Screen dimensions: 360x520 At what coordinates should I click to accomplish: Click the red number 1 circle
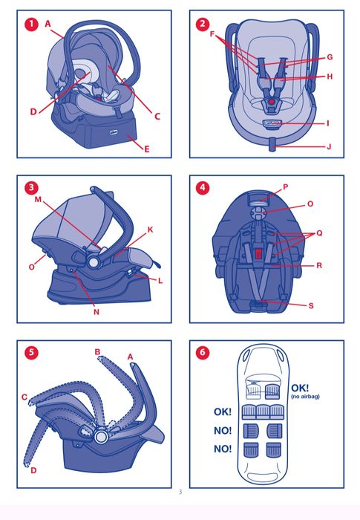click(x=31, y=24)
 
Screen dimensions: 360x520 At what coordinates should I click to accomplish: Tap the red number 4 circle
click(x=203, y=188)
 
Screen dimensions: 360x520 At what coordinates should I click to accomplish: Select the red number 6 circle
click(x=203, y=352)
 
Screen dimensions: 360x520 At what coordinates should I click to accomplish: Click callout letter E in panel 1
click(x=147, y=149)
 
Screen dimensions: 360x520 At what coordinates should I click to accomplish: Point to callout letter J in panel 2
click(x=329, y=146)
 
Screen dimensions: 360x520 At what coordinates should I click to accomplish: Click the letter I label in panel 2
click(x=328, y=123)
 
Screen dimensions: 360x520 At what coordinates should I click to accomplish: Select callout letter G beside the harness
click(x=330, y=57)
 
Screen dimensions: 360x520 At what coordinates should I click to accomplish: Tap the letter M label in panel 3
click(x=38, y=199)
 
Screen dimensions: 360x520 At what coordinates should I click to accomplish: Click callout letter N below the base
click(x=96, y=312)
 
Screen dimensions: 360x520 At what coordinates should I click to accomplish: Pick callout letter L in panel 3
click(x=160, y=281)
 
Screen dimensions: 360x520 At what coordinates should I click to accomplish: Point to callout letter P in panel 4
click(x=286, y=187)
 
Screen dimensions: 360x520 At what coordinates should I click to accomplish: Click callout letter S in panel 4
click(x=311, y=305)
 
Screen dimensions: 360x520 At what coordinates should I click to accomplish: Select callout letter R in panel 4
click(x=319, y=265)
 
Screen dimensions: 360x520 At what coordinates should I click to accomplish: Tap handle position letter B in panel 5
click(x=97, y=352)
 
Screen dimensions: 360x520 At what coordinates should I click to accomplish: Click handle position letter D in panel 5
click(x=33, y=470)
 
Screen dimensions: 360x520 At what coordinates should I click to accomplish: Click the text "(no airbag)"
click(x=305, y=396)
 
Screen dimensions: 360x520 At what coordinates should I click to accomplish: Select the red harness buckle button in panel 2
click(x=272, y=102)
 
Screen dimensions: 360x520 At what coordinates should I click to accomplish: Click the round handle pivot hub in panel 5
click(x=100, y=437)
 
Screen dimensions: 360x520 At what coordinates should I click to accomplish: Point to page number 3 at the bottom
click(x=180, y=492)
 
